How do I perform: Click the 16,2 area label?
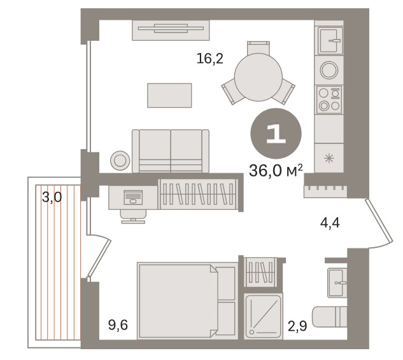click(209, 59)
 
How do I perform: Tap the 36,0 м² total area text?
click(276, 170)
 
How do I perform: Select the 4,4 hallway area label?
click(330, 222)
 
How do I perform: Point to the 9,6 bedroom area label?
click(118, 326)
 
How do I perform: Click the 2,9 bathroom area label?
click(297, 327)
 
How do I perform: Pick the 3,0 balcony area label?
click(52, 198)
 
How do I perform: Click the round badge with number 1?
click(276, 133)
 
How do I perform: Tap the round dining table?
click(258, 77)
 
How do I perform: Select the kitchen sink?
click(330, 41)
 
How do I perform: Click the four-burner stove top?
click(329, 100)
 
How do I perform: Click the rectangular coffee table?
click(169, 95)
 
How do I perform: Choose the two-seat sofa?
click(171, 151)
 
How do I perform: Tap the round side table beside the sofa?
click(120, 161)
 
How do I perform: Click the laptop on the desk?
click(133, 198)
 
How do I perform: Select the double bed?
click(187, 301)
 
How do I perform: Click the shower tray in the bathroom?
click(263, 316)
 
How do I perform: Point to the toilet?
click(330, 317)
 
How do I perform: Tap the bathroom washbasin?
click(337, 283)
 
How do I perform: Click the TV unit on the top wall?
click(171, 30)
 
